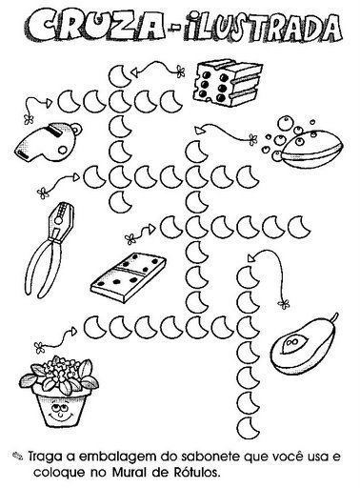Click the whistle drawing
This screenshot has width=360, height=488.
tap(48, 144)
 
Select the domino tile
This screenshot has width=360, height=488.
tap(129, 277)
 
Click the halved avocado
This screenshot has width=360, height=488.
tap(303, 346)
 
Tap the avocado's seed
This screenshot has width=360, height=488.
tap(291, 344)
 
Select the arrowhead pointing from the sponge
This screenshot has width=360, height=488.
tap(135, 72)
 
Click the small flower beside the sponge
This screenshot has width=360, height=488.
tap(180, 71)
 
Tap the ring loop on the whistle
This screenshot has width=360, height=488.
tap(75, 129)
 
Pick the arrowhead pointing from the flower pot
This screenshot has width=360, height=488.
tap(73, 332)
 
